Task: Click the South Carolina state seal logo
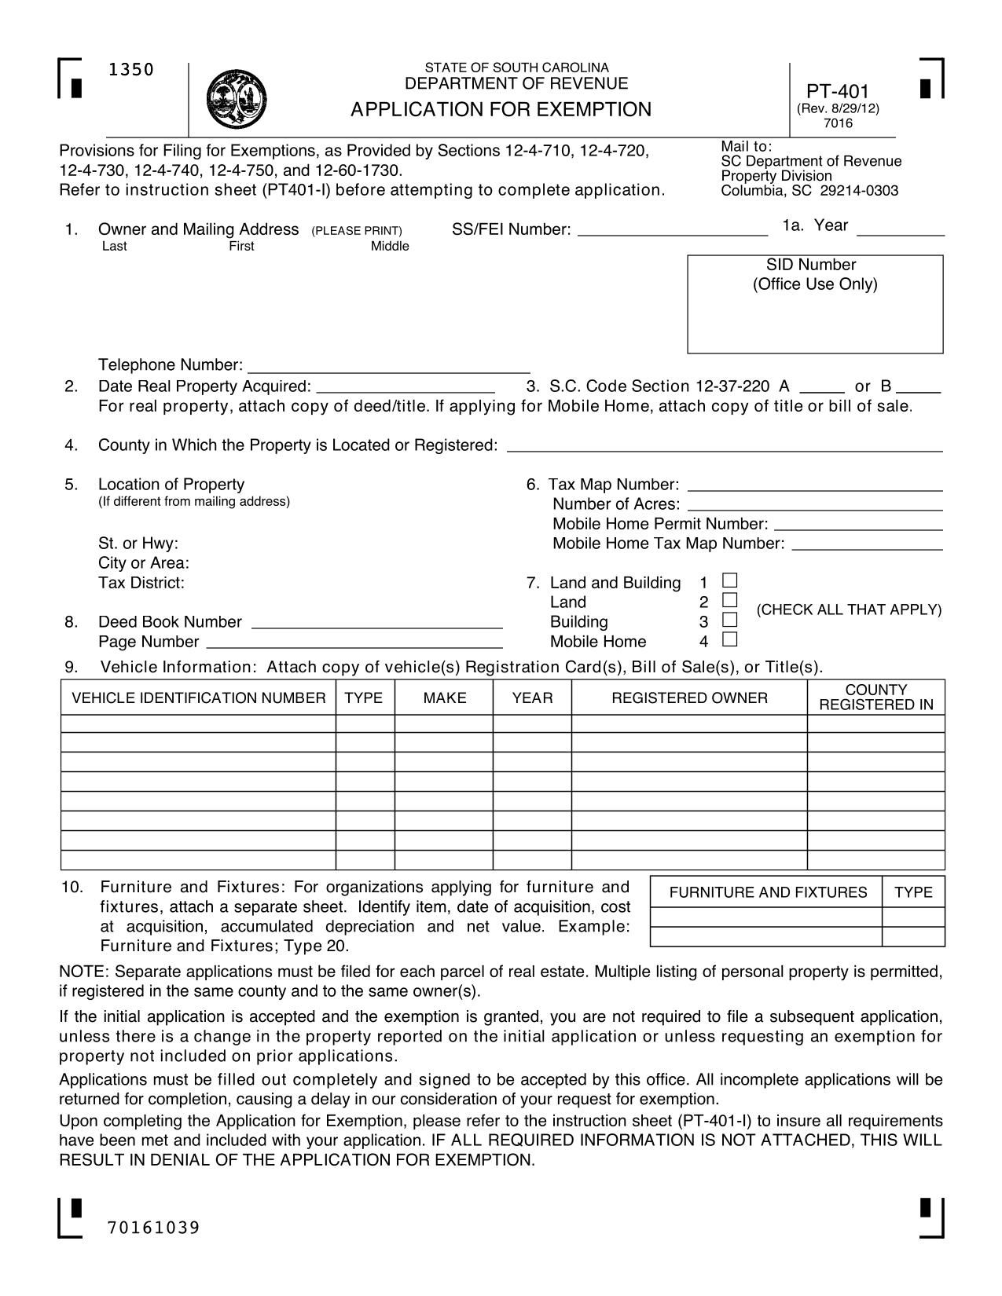point(237,98)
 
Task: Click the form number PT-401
point(838,92)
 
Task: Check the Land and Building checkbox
point(730,581)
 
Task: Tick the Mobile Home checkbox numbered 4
point(730,640)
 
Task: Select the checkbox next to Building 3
point(730,621)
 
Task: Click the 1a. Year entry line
point(900,229)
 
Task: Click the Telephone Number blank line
point(389,366)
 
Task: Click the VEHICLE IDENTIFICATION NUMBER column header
point(199,697)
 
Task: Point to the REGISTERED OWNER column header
point(689,697)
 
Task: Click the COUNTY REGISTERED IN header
point(875,697)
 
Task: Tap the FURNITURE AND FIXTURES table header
point(767,892)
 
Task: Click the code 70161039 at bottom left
point(154,1228)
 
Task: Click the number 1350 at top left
point(131,70)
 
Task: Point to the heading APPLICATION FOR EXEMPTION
point(501,109)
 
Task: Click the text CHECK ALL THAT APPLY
point(849,610)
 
